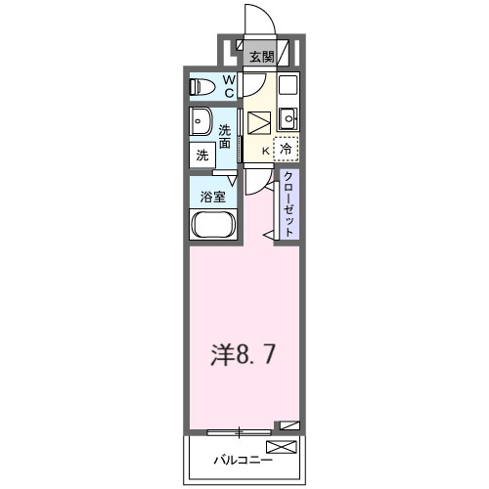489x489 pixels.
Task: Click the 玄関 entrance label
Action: pos(261,57)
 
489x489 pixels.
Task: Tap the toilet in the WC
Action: pos(200,86)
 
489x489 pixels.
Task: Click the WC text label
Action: pos(229,86)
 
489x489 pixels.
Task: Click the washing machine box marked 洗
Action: pos(202,155)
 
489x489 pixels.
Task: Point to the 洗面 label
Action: pos(226,136)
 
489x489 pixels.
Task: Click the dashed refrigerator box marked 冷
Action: pos(287,149)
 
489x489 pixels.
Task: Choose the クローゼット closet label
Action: pos(289,201)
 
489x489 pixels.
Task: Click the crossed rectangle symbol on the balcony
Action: pos(280,448)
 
